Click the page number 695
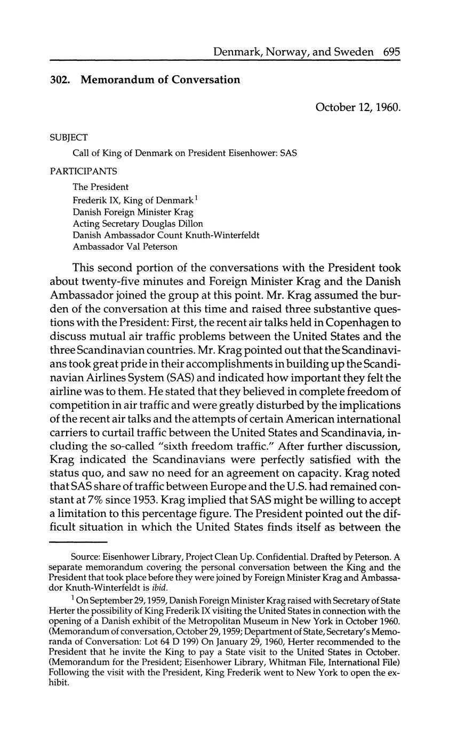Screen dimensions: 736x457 coord(391,52)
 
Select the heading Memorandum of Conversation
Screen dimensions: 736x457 coord(160,80)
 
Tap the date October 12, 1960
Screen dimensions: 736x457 coord(357,107)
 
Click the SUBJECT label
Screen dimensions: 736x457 coord(69,137)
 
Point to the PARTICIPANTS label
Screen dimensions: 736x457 coord(84,171)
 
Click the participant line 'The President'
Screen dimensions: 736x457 coord(101,187)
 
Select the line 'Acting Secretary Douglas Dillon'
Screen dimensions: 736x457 coord(138,223)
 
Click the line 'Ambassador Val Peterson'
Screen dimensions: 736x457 coord(125,247)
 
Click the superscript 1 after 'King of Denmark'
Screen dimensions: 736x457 coord(196,198)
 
